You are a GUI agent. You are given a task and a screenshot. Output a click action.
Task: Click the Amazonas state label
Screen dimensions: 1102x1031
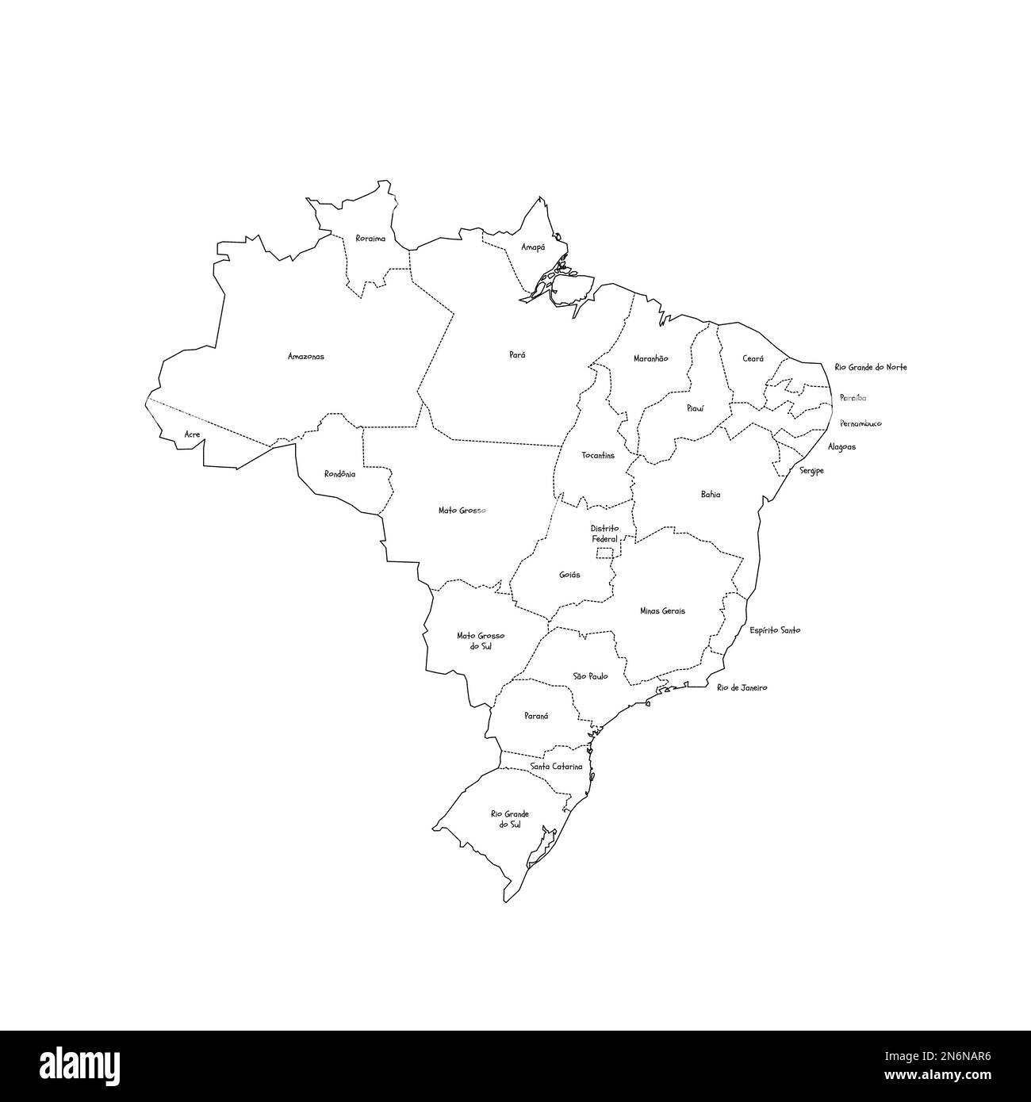(305, 357)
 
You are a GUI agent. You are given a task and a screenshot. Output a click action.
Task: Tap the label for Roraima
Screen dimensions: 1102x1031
(370, 238)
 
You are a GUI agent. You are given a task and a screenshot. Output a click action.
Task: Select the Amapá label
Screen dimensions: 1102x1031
(533, 247)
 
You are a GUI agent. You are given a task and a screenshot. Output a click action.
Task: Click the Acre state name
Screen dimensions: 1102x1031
(192, 434)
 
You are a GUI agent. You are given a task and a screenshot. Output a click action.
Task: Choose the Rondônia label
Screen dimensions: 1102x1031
(339, 474)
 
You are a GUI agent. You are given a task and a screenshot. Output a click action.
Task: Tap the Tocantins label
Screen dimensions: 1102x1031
(597, 456)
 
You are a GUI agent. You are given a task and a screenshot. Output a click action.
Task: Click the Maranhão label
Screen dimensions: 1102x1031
(650, 358)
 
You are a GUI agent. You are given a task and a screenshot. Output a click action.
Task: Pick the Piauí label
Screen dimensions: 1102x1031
(695, 408)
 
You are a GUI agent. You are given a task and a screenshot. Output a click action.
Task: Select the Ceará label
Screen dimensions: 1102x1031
(753, 358)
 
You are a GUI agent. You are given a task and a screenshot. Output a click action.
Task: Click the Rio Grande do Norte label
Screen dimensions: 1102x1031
(870, 367)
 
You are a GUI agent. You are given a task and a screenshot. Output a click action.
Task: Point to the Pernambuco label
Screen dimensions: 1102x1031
(860, 423)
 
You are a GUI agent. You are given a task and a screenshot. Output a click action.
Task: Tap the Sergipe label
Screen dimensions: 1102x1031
(811, 470)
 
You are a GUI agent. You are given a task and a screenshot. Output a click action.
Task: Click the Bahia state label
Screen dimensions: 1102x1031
(711, 494)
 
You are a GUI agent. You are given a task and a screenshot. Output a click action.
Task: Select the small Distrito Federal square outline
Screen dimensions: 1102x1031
(606, 553)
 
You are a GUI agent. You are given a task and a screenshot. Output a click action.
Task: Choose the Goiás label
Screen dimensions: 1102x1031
(569, 575)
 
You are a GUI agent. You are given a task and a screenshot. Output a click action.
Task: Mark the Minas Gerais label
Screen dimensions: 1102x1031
(662, 611)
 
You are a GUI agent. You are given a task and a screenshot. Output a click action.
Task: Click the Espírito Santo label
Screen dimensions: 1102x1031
(775, 630)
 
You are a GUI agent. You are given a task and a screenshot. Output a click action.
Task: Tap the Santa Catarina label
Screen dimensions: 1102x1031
(556, 767)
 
